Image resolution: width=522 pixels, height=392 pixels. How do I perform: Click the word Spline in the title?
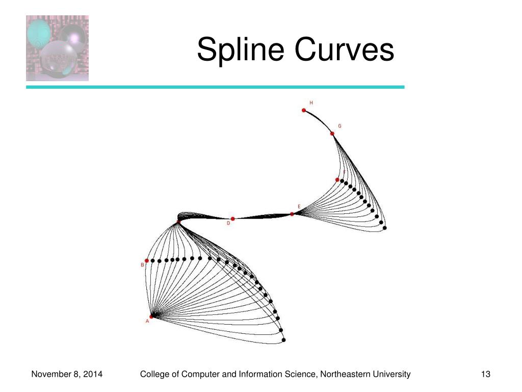(x=241, y=50)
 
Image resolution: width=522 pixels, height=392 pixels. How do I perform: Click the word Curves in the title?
(x=344, y=49)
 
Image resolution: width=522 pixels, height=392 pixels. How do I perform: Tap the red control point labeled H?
(x=304, y=110)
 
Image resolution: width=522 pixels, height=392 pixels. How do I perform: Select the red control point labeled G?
(x=332, y=134)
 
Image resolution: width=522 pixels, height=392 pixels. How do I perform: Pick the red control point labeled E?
(x=292, y=214)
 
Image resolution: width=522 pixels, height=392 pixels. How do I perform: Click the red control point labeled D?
(x=232, y=219)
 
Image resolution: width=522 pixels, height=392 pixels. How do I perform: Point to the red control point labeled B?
(x=147, y=261)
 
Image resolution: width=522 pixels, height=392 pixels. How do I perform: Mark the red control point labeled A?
(x=151, y=316)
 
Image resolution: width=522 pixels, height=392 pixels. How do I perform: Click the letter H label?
(x=311, y=103)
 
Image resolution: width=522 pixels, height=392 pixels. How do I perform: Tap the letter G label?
(x=340, y=126)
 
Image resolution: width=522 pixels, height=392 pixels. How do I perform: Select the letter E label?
(x=299, y=207)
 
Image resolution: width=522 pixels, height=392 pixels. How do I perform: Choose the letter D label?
(x=228, y=223)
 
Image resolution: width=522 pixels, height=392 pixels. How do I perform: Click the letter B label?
(x=143, y=265)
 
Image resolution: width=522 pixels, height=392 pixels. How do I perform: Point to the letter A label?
(x=147, y=321)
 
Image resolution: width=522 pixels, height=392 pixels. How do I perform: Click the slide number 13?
(x=486, y=374)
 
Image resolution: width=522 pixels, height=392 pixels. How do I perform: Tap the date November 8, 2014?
(x=67, y=375)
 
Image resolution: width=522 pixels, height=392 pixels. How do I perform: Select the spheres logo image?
(x=57, y=48)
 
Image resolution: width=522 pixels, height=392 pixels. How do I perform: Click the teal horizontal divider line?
(x=216, y=87)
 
